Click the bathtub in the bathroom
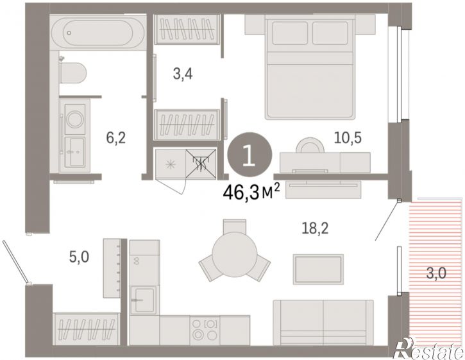pyautogui.click(x=98, y=33)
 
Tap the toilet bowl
pyautogui.click(x=73, y=73)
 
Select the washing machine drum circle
pyautogui.click(x=75, y=119)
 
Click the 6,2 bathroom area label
pyautogui.click(x=116, y=138)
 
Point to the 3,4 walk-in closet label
pyautogui.click(x=183, y=74)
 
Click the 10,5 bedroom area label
pyautogui.click(x=348, y=137)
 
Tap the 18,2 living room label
pyautogui.click(x=315, y=228)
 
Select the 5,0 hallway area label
pyautogui.click(x=79, y=257)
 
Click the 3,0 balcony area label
pyautogui.click(x=436, y=273)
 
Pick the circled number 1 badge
pyautogui.click(x=249, y=154)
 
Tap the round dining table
pyautogui.click(x=234, y=255)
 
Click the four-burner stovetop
pyautogui.click(x=205, y=330)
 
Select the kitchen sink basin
pyautogui.click(x=144, y=300)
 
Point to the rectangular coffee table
pyautogui.click(x=318, y=269)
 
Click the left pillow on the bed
pyautogui.click(x=290, y=33)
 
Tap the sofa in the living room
pyautogui.click(x=323, y=322)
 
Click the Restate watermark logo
pyautogui.click(x=428, y=348)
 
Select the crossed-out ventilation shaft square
pyautogui.click(x=201, y=164)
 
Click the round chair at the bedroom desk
pyautogui.click(x=310, y=145)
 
